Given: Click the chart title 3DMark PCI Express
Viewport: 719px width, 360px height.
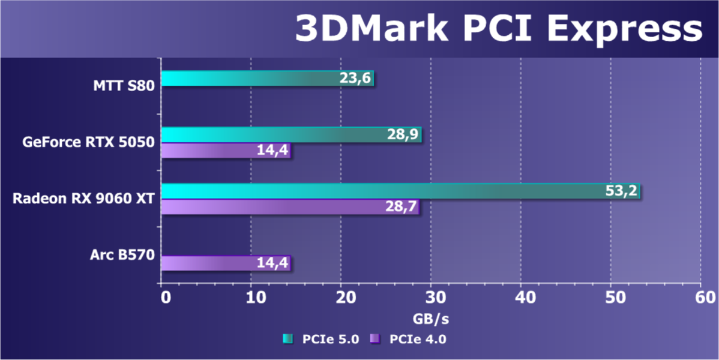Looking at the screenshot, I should click(x=498, y=29).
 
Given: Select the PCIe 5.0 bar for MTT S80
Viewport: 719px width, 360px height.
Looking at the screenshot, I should click(x=252, y=79).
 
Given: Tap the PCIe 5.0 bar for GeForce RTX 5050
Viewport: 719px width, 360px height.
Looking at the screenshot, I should click(x=270, y=135).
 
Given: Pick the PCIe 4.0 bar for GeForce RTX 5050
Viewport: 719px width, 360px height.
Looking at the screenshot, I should click(x=210, y=151).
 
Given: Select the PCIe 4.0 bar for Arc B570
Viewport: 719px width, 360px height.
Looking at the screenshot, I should click(x=210, y=263).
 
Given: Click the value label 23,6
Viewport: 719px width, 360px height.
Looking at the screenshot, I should click(x=356, y=79).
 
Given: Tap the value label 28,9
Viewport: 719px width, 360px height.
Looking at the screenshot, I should click(x=404, y=135).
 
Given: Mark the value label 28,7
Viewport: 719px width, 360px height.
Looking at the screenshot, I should click(x=401, y=208).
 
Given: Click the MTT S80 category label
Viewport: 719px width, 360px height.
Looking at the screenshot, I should click(x=124, y=86).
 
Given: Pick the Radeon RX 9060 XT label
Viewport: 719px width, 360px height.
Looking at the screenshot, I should click(x=83, y=199).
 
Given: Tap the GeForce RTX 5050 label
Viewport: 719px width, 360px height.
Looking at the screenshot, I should click(x=89, y=142).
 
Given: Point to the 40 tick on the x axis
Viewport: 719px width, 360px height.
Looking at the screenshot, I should click(x=521, y=297).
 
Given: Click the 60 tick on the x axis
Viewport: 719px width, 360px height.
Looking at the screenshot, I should click(x=701, y=297).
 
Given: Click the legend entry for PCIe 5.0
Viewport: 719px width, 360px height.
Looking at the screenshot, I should click(x=321, y=339).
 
